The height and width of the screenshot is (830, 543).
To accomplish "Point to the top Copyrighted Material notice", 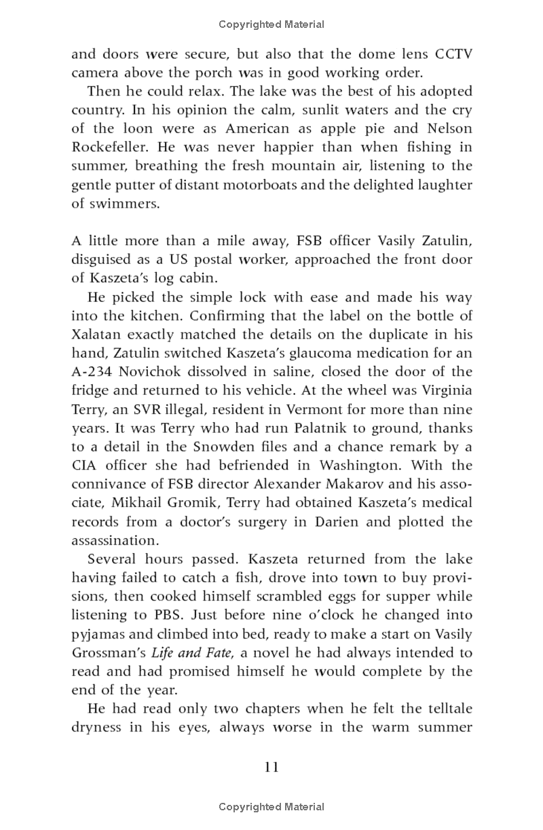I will pyautogui.click(x=271, y=24).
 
